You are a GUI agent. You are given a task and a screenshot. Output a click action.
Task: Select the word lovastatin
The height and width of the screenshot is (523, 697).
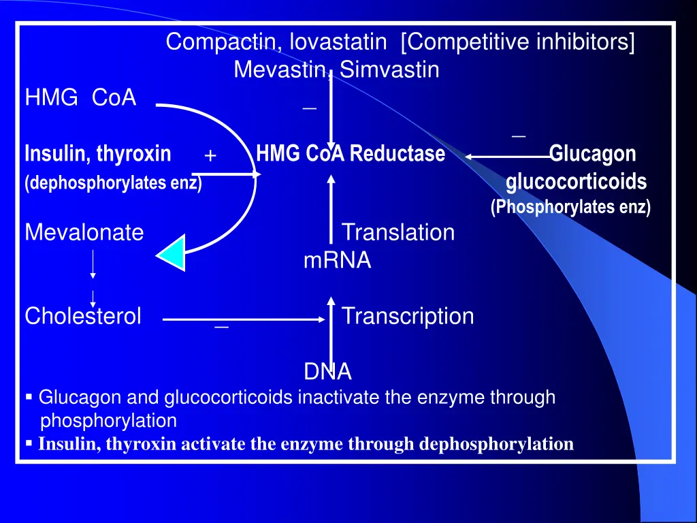click(338, 42)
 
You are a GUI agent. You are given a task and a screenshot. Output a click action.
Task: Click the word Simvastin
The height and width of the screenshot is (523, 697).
click(389, 70)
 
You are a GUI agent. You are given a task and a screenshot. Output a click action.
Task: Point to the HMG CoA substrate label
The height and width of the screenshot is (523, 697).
click(80, 97)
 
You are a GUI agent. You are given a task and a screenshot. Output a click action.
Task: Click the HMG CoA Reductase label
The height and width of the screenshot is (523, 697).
click(351, 153)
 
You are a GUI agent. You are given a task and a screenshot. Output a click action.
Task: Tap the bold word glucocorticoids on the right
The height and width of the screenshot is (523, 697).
click(576, 182)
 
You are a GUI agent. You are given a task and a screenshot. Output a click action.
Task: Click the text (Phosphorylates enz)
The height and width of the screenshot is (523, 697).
click(571, 207)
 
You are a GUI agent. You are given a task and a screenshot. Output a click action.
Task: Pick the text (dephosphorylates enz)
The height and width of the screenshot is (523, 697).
click(114, 183)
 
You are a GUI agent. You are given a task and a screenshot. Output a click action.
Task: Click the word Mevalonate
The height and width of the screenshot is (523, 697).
click(84, 232)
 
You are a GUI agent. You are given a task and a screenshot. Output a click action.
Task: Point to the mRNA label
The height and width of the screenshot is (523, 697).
click(338, 260)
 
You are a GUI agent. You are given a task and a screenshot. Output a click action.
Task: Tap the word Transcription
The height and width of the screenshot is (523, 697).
click(408, 317)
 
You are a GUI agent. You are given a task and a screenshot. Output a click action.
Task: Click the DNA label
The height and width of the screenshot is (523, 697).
click(327, 371)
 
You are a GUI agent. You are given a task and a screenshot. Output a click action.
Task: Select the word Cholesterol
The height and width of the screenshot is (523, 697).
click(83, 316)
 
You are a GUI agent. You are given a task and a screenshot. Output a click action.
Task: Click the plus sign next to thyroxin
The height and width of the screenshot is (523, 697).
click(210, 156)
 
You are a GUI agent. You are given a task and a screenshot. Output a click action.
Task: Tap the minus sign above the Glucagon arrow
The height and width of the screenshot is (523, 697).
click(518, 136)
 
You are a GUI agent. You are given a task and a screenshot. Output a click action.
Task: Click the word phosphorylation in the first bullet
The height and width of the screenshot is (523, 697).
click(108, 421)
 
